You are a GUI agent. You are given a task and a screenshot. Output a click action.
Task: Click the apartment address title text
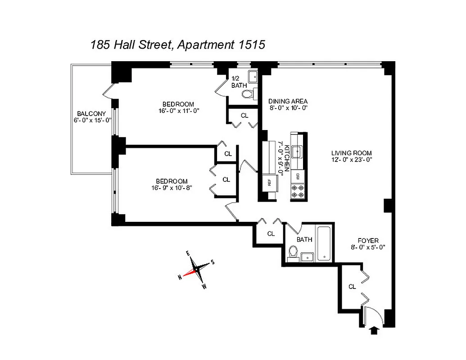(177, 45)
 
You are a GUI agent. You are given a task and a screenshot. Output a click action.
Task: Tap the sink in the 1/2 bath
(253, 75)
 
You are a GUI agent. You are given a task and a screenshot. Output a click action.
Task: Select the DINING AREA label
(288, 101)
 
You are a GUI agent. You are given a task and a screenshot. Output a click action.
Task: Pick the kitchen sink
(298, 152)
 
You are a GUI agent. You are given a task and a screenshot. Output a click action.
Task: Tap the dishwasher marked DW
(298, 176)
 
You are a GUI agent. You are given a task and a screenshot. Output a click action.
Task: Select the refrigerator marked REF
(269, 183)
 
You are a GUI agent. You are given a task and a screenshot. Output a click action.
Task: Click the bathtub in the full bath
(324, 243)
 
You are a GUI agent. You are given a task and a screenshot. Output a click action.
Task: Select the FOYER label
(368, 240)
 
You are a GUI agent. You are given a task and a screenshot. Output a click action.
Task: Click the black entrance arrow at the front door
(373, 331)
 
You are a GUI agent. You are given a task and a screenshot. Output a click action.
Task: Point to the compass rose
(196, 270)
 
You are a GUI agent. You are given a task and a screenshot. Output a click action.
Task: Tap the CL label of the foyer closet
(352, 286)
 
